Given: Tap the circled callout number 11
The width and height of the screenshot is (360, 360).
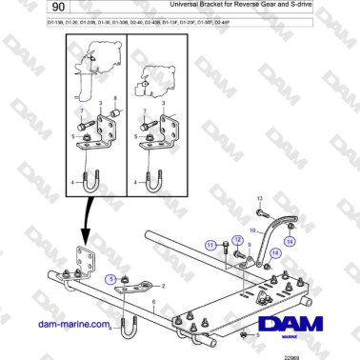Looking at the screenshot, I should click(210, 246).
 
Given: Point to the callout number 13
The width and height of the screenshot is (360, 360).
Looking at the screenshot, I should click(260, 197).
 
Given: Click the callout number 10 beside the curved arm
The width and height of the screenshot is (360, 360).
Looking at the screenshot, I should click(252, 230).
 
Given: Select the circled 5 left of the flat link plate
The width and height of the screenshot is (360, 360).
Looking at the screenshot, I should click(112, 278).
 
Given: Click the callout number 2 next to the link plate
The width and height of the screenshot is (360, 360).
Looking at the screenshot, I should click(162, 285).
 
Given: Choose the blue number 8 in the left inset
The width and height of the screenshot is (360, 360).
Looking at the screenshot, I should click(115, 98).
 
